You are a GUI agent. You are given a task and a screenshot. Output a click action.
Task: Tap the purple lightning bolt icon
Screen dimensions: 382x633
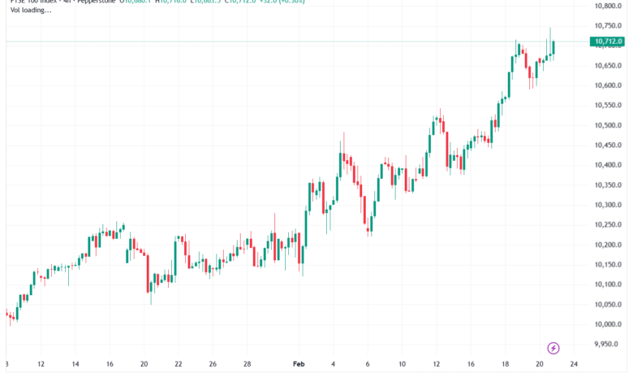[x=553, y=348]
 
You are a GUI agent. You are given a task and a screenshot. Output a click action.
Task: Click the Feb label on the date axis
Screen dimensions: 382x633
[x=298, y=365]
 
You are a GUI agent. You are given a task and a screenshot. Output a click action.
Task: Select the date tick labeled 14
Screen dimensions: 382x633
[x=75, y=365]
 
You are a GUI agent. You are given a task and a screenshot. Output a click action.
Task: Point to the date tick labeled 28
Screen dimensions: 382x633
[x=247, y=365]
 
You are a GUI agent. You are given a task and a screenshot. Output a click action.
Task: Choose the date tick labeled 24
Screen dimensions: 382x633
[x=573, y=365]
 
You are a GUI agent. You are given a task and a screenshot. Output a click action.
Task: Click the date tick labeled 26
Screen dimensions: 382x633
[x=212, y=365]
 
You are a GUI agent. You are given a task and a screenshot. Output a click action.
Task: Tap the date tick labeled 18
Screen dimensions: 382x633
[x=504, y=365]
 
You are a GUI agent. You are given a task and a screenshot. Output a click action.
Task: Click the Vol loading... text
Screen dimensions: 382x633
[x=31, y=12]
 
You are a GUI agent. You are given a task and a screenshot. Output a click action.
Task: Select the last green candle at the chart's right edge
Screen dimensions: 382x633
[x=553, y=48]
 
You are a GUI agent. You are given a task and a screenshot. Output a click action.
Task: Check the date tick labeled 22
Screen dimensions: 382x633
[x=178, y=365]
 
